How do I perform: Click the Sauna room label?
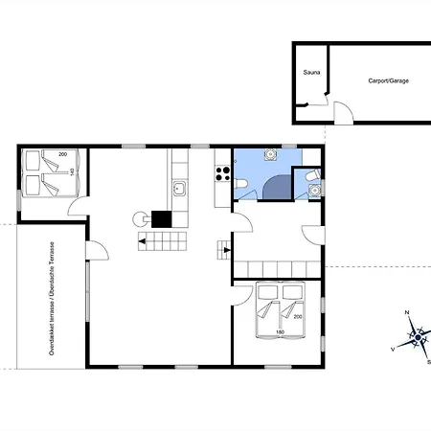311,73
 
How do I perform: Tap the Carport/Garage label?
389,80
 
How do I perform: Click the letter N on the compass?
407,312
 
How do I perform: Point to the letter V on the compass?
393,350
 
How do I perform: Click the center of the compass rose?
418,337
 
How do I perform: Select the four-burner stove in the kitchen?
222,173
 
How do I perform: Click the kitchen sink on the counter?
179,189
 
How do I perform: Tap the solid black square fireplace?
161,219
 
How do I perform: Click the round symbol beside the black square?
140,219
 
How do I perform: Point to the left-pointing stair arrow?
142,241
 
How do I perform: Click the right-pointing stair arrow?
227,250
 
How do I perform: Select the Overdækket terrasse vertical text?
52,299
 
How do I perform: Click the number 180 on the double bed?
280,332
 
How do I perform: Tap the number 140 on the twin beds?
72,171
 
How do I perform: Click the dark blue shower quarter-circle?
277,187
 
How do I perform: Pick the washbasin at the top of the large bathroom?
270,154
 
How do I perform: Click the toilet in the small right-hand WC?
312,175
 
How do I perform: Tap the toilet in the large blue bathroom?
241,184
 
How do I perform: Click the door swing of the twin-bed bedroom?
78,206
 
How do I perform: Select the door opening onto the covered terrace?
97,250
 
